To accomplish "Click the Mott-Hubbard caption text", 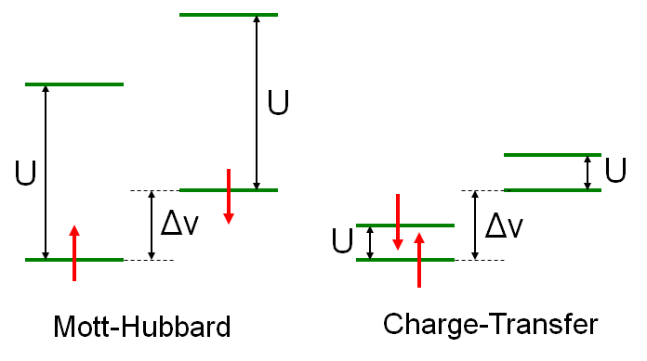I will (141, 327).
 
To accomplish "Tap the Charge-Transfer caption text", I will (490, 325).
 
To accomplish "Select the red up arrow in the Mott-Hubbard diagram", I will (75, 251).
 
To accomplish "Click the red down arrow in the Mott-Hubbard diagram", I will (228, 196).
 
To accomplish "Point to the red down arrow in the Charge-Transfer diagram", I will (397, 222).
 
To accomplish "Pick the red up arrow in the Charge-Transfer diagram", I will (419, 260).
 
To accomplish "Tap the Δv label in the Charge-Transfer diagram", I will (504, 225).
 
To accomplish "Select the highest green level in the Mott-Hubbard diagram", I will (229, 15).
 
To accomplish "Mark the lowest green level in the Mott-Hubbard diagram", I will (74, 259).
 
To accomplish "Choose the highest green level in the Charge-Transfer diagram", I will (552, 154).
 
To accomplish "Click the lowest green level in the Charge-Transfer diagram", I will (405, 259).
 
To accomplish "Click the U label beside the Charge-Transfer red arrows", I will (342, 242).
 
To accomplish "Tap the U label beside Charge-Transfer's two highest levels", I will (614, 171).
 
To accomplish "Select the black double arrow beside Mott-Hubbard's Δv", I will (152, 225).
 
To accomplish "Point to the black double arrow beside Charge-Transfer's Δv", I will (475, 225).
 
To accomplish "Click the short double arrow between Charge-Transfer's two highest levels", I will (587, 173).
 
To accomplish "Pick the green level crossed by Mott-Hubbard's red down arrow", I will (229, 190).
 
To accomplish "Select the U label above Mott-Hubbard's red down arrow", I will (277, 103).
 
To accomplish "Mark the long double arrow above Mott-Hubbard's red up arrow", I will (45, 172).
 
